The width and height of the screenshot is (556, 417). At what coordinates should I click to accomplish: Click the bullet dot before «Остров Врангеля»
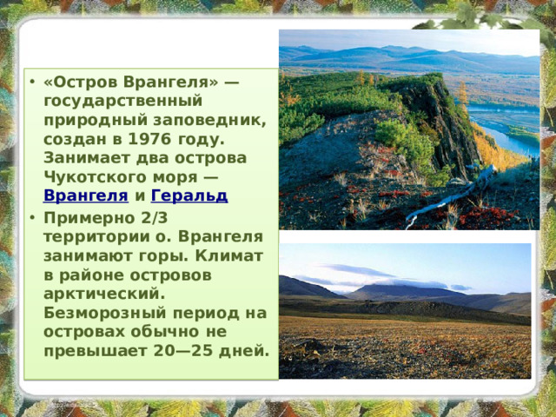[x=31, y=84]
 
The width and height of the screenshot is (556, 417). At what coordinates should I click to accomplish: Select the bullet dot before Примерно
[x=31, y=218]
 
